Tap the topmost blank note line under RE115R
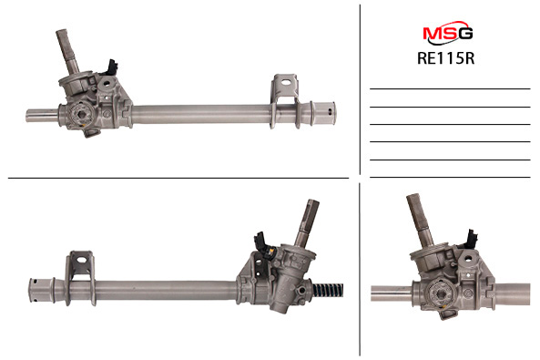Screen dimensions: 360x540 450,88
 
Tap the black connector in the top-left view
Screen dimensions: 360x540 112,68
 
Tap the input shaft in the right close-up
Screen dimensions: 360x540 421,220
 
